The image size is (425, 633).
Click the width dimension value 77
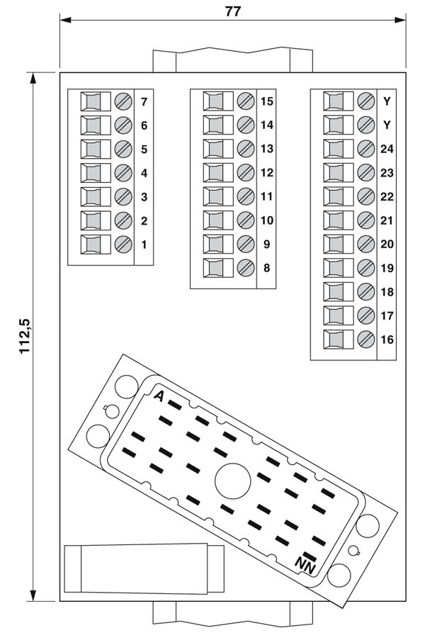tap(232, 12)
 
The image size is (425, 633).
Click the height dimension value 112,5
tap(25, 336)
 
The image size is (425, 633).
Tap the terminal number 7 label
tap(144, 101)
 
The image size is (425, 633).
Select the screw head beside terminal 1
tap(123, 245)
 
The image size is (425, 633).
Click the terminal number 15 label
tap(266, 101)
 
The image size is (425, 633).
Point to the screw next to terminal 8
tap(246, 268)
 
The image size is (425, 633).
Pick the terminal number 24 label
tap(387, 149)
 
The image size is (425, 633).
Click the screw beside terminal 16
tap(366, 339)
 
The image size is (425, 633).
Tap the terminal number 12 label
tap(266, 172)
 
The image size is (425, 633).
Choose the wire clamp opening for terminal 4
tap(93, 173)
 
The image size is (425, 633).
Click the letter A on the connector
tap(159, 396)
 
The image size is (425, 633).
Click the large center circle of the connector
tap(232, 481)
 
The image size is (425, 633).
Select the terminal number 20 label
tap(387, 244)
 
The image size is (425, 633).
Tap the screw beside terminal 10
tap(246, 220)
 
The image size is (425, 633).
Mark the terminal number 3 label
tap(144, 196)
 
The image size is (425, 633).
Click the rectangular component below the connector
tap(144, 568)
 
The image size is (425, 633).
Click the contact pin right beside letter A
tap(174, 405)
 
